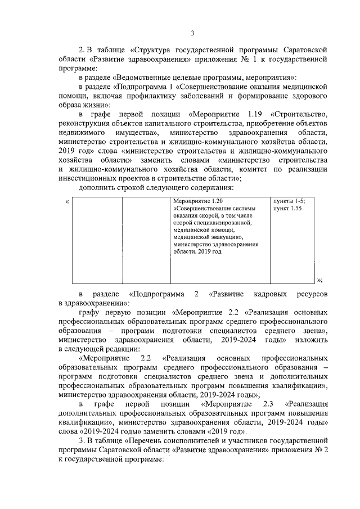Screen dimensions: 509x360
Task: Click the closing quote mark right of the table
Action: tap(319, 280)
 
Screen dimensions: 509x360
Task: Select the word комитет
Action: tap(249, 168)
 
